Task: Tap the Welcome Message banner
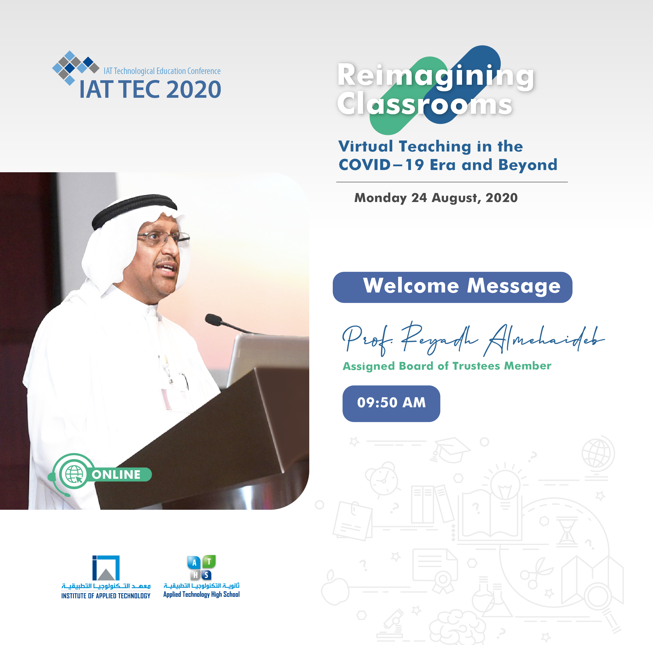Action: coord(452,287)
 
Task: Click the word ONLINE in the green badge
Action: coord(116,474)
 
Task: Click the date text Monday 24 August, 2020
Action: coord(436,198)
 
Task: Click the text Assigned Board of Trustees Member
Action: coord(447,366)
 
